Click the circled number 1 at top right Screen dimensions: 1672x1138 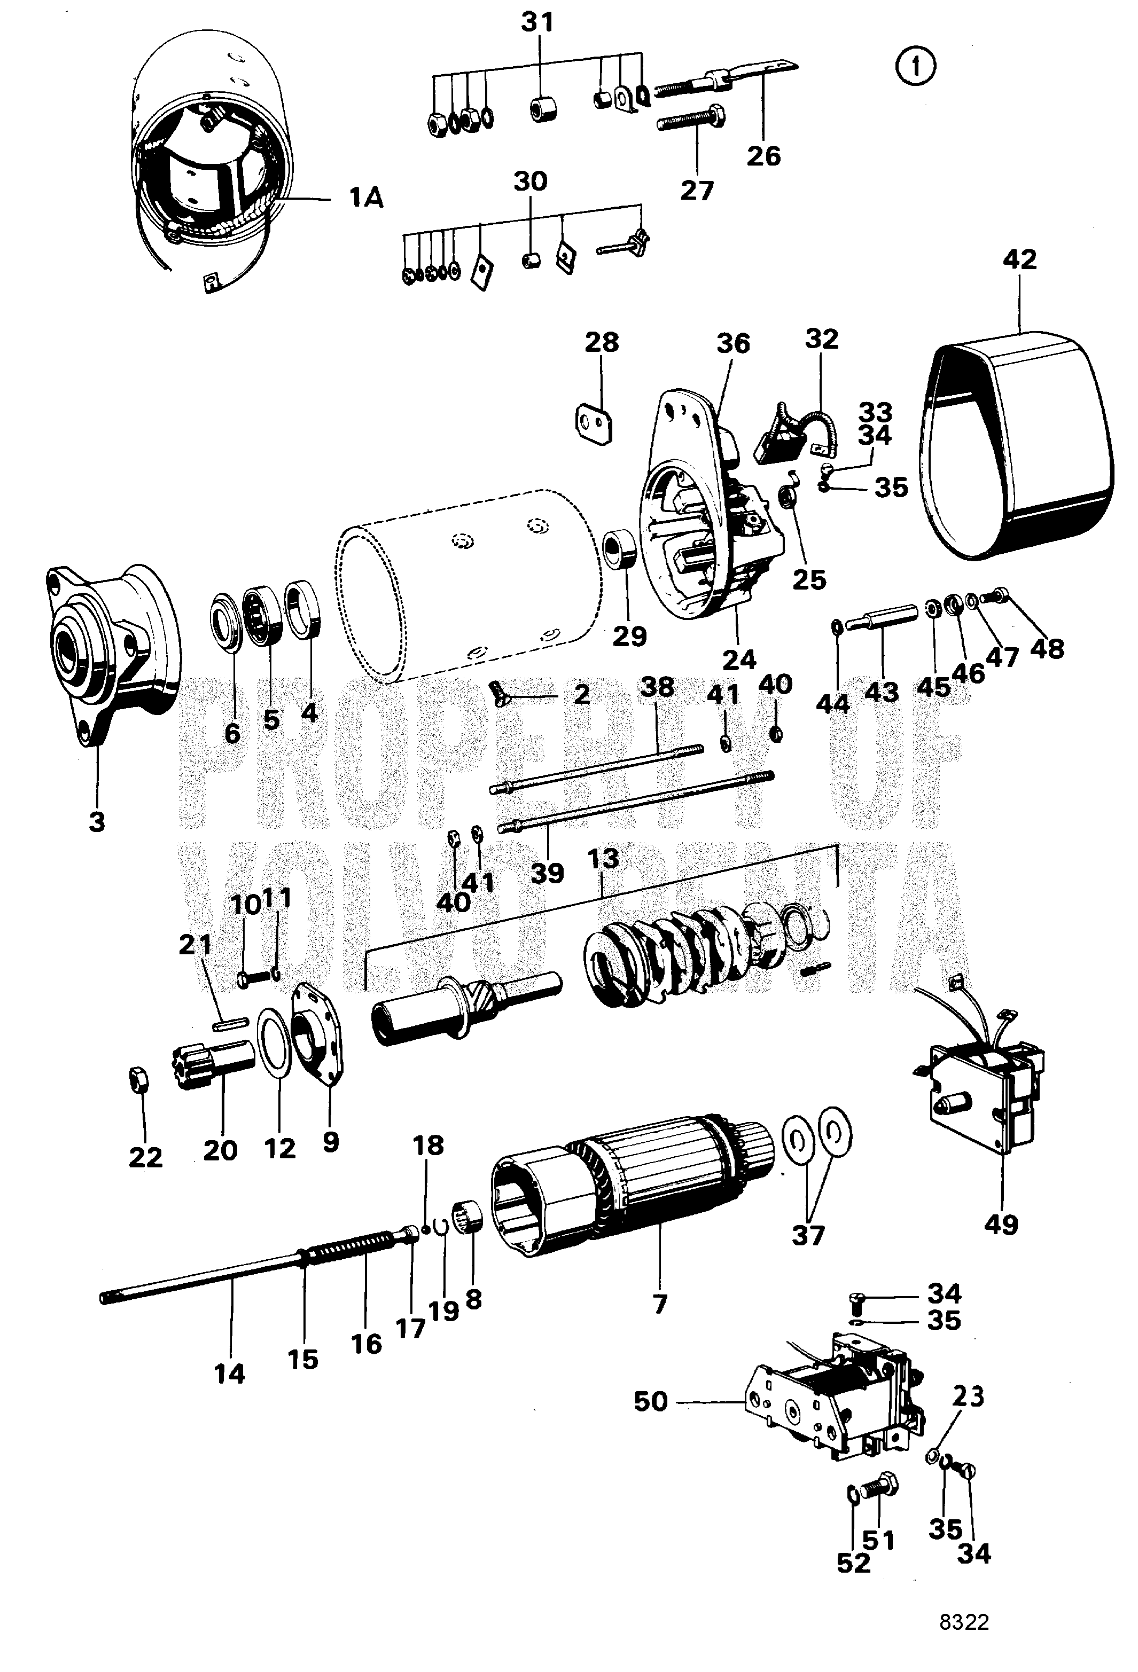pyautogui.click(x=916, y=68)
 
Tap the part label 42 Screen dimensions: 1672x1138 pyautogui.click(x=1019, y=260)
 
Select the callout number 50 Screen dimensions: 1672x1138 pyautogui.click(x=651, y=1401)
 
